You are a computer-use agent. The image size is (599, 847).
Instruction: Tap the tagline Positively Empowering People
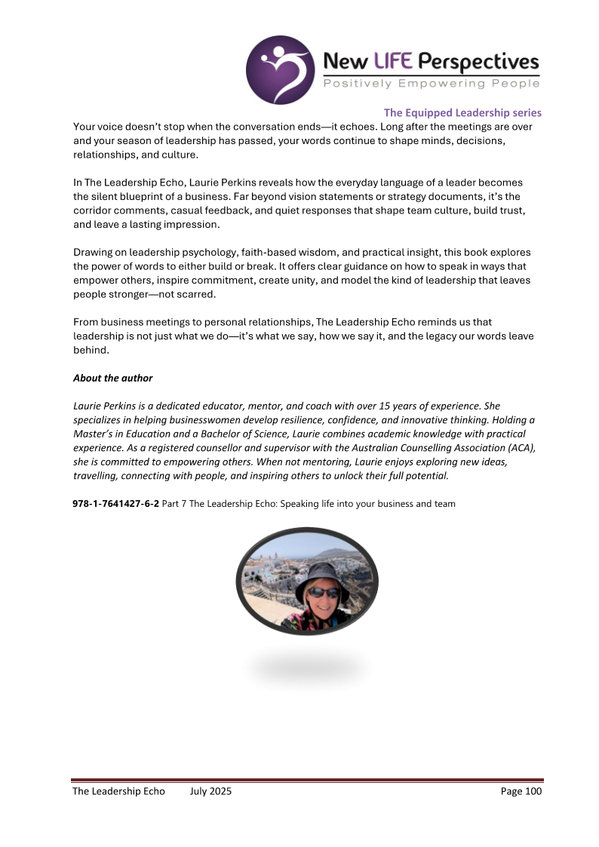[431, 83]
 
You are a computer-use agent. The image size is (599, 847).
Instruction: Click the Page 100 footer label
[521, 791]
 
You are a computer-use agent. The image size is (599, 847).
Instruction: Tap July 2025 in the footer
[211, 791]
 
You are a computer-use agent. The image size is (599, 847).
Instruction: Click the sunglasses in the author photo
[324, 593]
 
